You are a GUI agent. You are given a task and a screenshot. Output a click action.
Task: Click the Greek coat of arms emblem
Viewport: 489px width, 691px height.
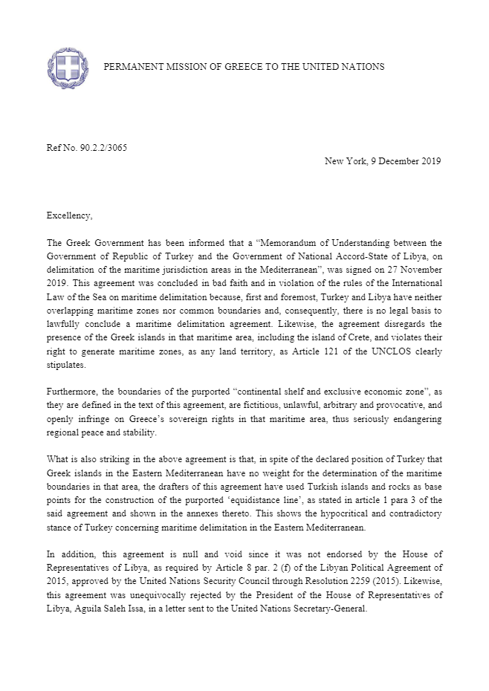pyautogui.click(x=67, y=66)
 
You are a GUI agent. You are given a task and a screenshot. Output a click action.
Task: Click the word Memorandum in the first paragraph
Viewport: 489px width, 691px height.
pyautogui.click(x=257, y=243)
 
